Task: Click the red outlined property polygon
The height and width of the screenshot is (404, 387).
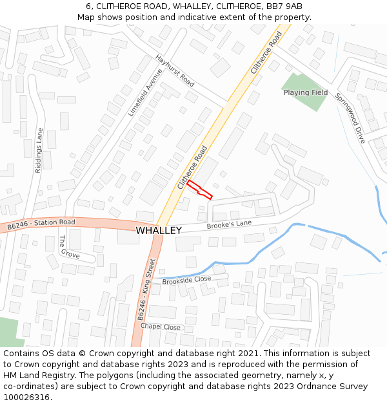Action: pyautogui.click(x=200, y=189)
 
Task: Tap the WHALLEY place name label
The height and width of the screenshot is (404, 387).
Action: pyautogui.click(x=159, y=230)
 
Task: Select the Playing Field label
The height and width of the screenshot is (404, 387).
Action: pyautogui.click(x=306, y=92)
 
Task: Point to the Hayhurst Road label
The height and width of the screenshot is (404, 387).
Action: pyautogui.click(x=175, y=71)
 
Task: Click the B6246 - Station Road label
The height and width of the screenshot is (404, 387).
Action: pyautogui.click(x=41, y=225)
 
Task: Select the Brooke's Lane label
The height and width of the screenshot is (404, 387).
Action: pyautogui.click(x=229, y=224)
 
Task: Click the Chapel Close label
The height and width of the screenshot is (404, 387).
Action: pyautogui.click(x=161, y=327)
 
